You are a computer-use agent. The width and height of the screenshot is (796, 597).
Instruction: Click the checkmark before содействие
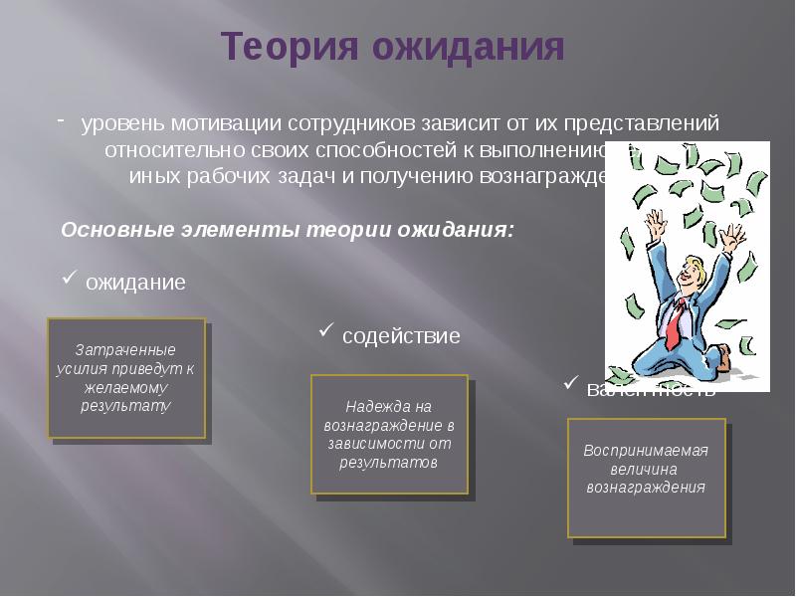(x=326, y=331)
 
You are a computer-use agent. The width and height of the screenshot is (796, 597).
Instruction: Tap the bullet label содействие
(x=401, y=336)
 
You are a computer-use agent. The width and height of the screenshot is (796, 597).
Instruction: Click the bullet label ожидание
(x=135, y=283)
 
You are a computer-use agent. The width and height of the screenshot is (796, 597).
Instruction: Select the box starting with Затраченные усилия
(x=126, y=378)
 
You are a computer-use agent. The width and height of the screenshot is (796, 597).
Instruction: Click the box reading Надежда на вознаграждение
(x=389, y=434)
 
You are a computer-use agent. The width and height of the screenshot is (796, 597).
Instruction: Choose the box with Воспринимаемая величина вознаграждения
(x=646, y=478)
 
